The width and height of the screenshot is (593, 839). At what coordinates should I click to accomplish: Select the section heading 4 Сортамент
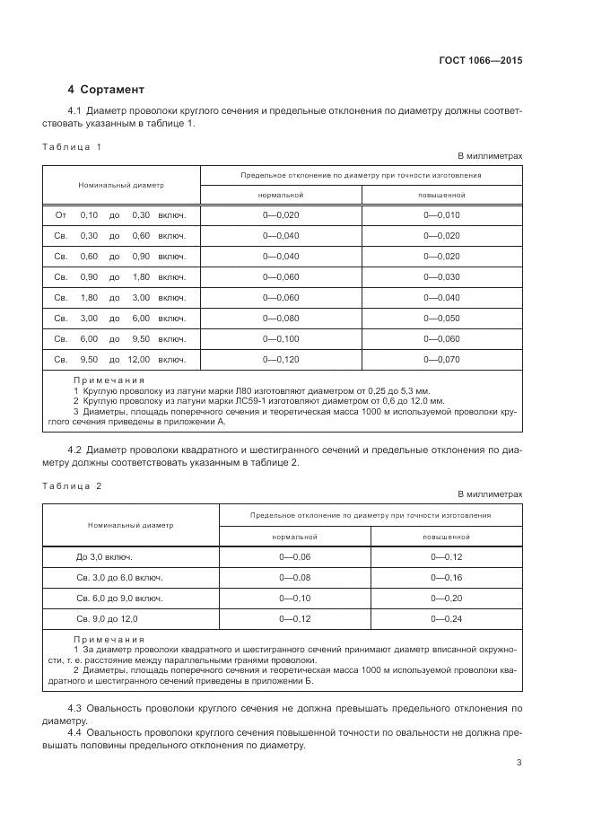coord(105,90)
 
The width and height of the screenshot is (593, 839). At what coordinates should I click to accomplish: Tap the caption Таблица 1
coord(73,146)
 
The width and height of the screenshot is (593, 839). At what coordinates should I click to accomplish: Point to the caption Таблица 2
coord(73,485)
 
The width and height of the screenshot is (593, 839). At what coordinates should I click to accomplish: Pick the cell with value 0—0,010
coord(441,215)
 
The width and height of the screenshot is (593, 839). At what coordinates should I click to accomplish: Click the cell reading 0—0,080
coord(281,319)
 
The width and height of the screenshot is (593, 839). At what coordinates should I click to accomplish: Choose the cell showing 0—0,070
coord(441,360)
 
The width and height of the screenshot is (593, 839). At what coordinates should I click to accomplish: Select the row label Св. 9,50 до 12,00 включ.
coord(120,360)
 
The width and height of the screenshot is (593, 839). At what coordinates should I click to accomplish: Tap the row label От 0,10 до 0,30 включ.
coord(120,215)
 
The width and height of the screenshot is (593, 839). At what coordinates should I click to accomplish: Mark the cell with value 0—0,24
coord(446,619)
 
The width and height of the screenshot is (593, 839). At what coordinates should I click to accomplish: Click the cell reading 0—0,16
coord(446,578)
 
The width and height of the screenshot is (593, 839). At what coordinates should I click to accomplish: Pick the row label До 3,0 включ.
coord(104,557)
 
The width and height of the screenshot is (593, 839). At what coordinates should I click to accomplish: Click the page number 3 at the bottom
coord(519,763)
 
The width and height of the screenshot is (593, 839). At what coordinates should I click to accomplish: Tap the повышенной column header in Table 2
coord(446,537)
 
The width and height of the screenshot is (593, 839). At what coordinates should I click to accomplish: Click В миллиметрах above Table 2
coord(490,494)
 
